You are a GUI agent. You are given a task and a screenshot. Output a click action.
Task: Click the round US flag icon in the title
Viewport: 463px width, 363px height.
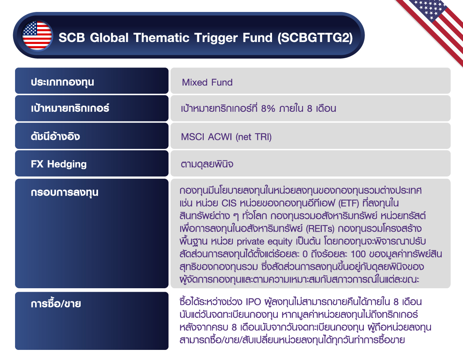pos(37,35)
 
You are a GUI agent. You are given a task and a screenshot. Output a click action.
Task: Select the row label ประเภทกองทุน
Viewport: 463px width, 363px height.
pos(63,82)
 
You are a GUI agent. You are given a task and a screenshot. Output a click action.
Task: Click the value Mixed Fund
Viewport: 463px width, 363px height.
pos(207,82)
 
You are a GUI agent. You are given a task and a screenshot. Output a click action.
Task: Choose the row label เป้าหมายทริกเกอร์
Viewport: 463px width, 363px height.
pos(70,108)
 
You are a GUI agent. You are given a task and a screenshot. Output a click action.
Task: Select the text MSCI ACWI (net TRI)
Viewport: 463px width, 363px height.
pos(226,137)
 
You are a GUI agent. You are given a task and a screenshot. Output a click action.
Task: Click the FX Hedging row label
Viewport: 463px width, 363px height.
pos(59,164)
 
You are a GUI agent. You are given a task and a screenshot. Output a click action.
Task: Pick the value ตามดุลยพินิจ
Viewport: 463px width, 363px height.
pos(207,164)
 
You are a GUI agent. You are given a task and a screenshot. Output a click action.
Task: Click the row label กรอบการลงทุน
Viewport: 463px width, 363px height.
pos(64,192)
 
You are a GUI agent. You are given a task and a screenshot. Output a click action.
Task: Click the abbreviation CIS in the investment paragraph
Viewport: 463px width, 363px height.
pos(230,203)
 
